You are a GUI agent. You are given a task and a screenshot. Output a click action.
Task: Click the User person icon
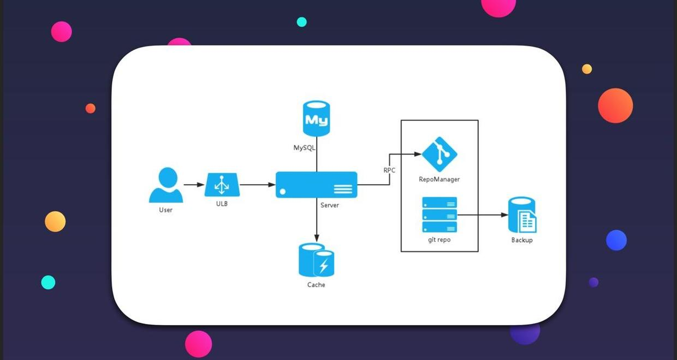(166, 185)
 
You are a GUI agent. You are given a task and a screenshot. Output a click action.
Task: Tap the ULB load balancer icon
(222, 185)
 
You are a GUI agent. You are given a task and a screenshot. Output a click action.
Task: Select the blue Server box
(316, 185)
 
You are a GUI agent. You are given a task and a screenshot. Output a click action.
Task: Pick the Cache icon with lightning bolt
(317, 261)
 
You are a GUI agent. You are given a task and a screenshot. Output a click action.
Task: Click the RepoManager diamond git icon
(440, 155)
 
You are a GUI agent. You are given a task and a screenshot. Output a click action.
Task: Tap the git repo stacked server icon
(440, 215)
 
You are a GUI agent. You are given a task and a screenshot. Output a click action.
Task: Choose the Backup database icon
(522, 215)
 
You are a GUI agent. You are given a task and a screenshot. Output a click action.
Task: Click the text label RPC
(389, 170)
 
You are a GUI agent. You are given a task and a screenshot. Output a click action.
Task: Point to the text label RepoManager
(440, 179)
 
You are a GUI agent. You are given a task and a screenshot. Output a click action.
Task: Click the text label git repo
(440, 240)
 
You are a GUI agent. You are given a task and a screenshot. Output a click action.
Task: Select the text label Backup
(522, 240)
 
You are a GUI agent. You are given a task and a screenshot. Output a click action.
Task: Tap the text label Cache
(316, 285)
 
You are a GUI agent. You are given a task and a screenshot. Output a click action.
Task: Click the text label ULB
(222, 204)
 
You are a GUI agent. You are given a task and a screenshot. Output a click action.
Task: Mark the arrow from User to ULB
(194, 185)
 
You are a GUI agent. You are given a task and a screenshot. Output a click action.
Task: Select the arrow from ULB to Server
(257, 185)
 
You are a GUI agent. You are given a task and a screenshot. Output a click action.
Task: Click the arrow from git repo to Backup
(483, 215)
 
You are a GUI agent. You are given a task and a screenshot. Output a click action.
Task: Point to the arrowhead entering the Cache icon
(317, 238)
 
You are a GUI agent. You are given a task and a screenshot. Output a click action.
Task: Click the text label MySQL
(304, 147)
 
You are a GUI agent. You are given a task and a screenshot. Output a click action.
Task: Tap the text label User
(166, 210)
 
